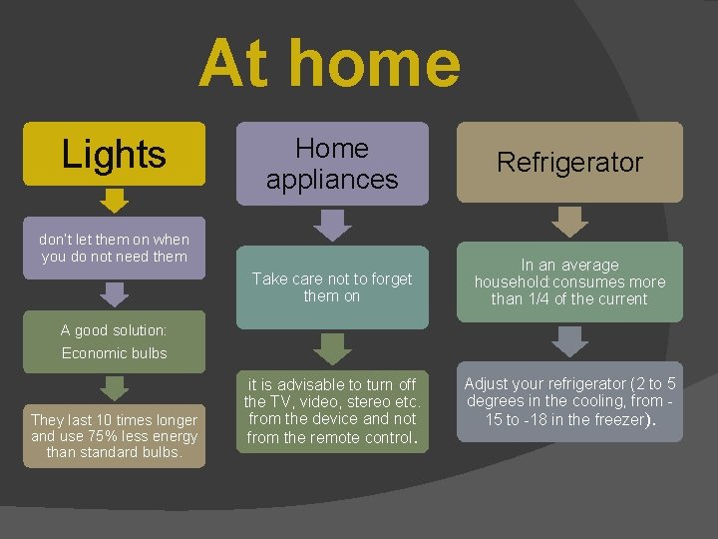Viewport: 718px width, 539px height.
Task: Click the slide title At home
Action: (330, 63)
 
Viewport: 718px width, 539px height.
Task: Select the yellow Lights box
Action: (115, 154)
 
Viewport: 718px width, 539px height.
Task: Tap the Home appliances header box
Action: (332, 164)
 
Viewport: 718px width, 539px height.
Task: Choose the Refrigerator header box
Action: (570, 163)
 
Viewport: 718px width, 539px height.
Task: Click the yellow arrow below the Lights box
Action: (116, 202)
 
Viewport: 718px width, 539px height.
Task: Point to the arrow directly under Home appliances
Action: (332, 226)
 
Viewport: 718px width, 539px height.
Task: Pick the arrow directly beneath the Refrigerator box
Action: (570, 222)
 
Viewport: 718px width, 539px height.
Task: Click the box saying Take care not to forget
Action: (332, 287)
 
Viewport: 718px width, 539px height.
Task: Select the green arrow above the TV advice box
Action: (332, 348)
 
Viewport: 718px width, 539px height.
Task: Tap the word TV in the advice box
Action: (268, 402)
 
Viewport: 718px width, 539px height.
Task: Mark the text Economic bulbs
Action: (114, 353)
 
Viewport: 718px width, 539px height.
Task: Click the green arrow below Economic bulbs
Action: (116, 388)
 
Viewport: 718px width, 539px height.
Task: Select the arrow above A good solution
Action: (116, 293)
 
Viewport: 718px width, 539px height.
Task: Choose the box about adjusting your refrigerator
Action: (570, 401)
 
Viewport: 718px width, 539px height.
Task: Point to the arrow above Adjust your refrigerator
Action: (570, 341)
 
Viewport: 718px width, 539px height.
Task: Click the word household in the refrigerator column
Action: (515, 282)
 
